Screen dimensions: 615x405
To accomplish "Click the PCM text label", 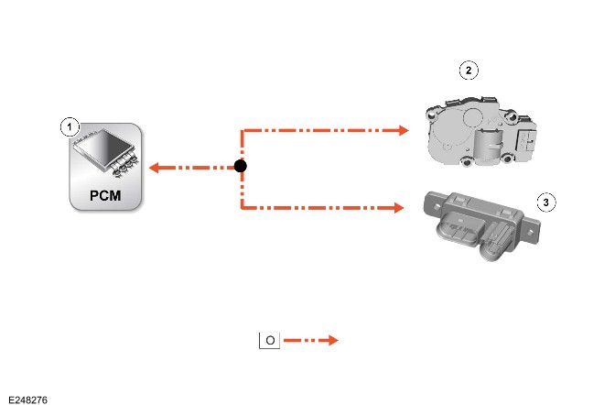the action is (105, 195).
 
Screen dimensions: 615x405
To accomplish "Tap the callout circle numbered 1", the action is (70, 126).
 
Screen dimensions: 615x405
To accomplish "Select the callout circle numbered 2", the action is (469, 71).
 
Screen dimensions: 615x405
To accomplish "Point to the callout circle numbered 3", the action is (546, 202).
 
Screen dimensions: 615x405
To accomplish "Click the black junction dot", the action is (241, 166).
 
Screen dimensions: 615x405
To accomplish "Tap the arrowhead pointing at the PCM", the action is (154, 168).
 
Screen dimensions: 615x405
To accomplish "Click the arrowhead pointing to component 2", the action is (404, 130).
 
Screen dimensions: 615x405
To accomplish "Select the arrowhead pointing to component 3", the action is (399, 208).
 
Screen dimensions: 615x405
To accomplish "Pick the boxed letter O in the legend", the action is (269, 340).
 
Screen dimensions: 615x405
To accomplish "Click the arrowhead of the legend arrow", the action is (333, 340).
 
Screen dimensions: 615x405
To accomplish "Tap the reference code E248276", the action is (27, 400).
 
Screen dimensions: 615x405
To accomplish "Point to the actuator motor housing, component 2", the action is (481, 132).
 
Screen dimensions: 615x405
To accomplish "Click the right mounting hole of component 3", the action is (530, 233).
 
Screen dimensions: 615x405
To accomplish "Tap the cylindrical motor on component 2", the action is (488, 144).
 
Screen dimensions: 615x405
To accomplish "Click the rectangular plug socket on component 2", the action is (526, 140).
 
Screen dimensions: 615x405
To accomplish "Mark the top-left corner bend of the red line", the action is (243, 130).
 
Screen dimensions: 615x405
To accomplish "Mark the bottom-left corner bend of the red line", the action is (243, 207).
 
